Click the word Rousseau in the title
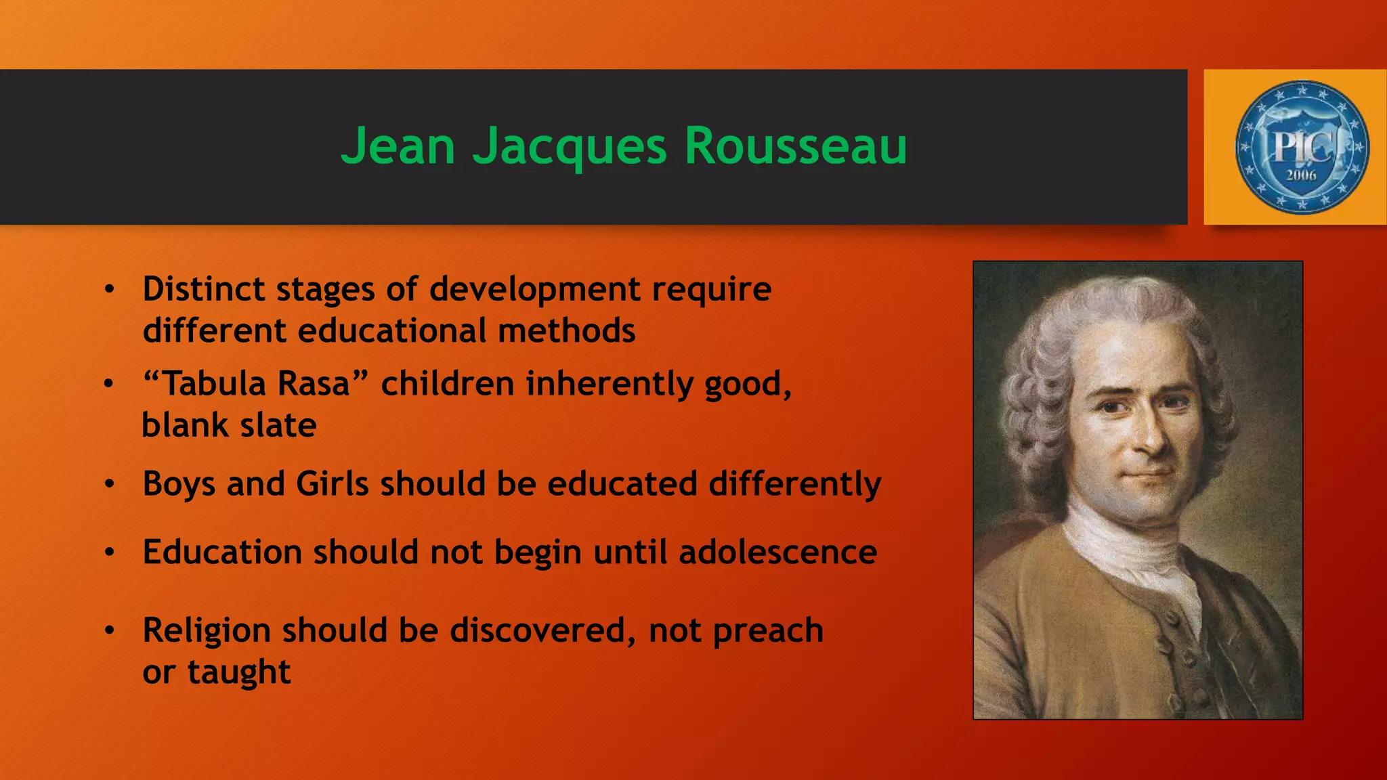pyautogui.click(x=796, y=146)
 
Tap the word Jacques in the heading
pyautogui.click(x=570, y=147)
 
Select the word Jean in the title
pyautogui.click(x=398, y=146)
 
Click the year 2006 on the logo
pyautogui.click(x=1301, y=175)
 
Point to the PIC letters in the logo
pyautogui.click(x=1301, y=146)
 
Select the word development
pyautogui.click(x=535, y=289)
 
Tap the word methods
pyautogui.click(x=566, y=331)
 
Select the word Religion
pyautogui.click(x=207, y=631)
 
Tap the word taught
pyautogui.click(x=239, y=672)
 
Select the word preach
pyautogui.click(x=768, y=631)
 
